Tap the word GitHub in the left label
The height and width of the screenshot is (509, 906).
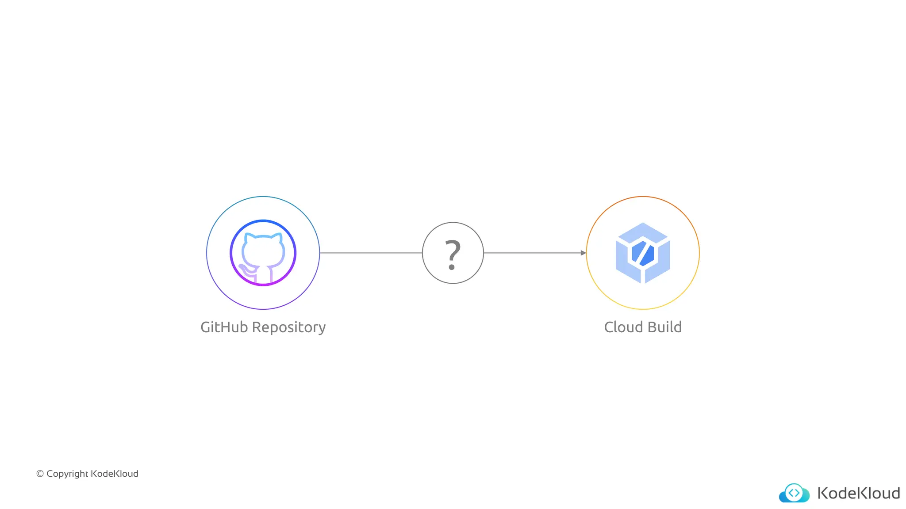point(224,327)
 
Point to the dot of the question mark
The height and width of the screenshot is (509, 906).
point(452,267)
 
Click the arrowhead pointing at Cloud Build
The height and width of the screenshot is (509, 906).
point(583,253)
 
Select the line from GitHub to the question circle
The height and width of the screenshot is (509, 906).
point(371,253)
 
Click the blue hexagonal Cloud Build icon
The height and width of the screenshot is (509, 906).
point(643,253)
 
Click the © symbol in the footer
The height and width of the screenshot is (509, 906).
point(40,474)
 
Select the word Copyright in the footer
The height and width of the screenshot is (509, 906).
point(67,474)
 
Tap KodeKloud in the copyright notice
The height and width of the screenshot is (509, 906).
point(115,474)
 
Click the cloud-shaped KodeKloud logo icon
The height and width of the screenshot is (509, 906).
point(794,493)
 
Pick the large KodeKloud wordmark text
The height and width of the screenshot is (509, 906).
point(858,493)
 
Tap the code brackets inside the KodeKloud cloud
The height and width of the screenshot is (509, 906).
point(794,492)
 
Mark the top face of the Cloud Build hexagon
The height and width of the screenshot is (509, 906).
point(643,232)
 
